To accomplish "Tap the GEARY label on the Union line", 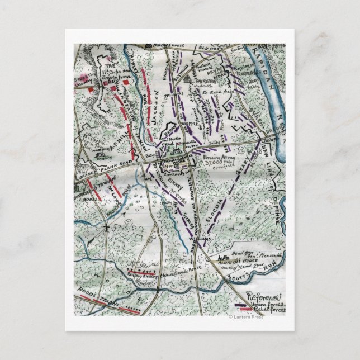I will (242, 177).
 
